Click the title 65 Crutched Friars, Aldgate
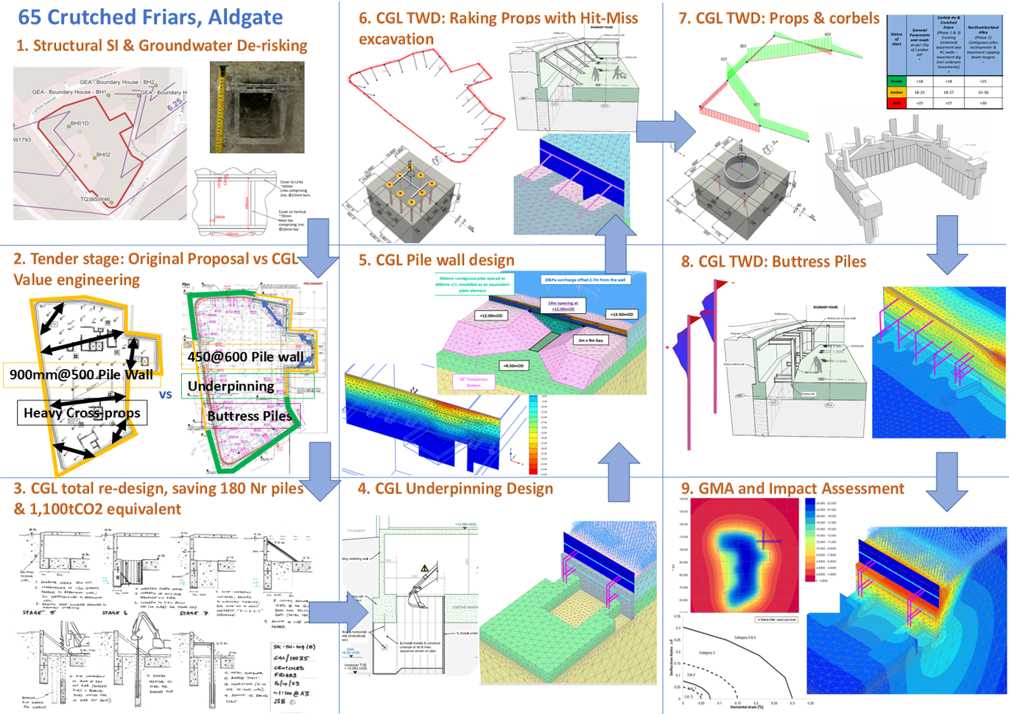[x=150, y=17]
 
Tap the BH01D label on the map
[x=80, y=123]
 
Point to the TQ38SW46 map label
[x=94, y=199]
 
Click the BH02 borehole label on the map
[x=103, y=155]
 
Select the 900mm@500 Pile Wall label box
[x=81, y=374]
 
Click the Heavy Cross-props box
[x=82, y=413]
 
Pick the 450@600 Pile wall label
[x=245, y=357]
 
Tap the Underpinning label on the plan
[x=231, y=386]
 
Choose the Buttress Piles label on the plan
[x=249, y=416]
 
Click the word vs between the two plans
[x=166, y=394]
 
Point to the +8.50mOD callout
[x=513, y=365]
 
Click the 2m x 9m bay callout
[x=591, y=340]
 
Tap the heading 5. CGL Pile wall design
[x=436, y=260]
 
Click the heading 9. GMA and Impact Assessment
[x=792, y=489]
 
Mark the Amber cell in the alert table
[x=896, y=92]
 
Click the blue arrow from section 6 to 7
[x=665, y=132]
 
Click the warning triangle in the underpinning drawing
[x=424, y=568]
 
